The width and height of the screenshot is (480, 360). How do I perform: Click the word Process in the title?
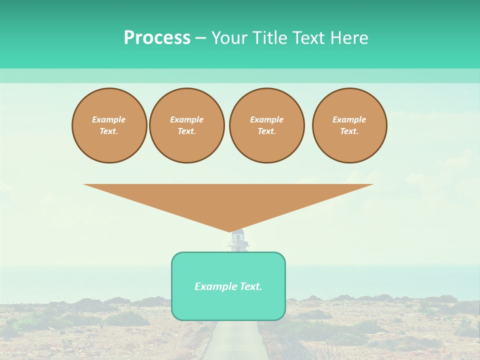click(x=157, y=38)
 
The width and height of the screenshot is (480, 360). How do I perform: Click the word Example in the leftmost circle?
click(x=109, y=119)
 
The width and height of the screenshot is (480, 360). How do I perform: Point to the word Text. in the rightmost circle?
click(x=349, y=131)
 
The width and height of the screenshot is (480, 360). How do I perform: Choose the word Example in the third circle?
click(x=266, y=119)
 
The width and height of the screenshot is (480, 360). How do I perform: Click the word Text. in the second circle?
click(x=186, y=131)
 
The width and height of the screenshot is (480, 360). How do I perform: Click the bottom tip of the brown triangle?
click(x=230, y=231)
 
